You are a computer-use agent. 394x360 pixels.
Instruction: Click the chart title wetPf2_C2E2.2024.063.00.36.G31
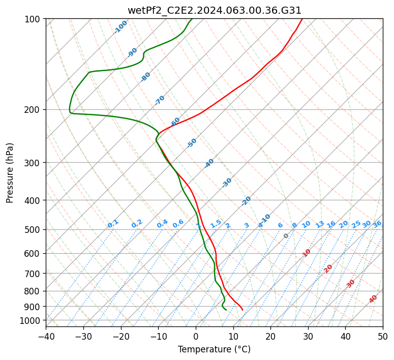click(x=214, y=10)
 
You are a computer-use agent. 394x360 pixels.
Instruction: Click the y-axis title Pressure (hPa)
click(x=10, y=172)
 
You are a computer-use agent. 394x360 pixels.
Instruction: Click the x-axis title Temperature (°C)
click(x=214, y=349)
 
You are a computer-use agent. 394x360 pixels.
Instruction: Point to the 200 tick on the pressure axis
click(x=33, y=109)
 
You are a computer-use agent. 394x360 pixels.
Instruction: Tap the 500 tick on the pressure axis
click(x=33, y=229)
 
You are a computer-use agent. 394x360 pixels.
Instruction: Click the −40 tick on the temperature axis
click(x=46, y=336)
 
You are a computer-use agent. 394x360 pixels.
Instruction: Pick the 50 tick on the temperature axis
click(x=383, y=336)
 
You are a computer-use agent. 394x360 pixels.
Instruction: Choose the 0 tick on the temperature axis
click(x=196, y=336)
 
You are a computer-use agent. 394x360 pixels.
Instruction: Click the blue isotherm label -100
click(x=120, y=27)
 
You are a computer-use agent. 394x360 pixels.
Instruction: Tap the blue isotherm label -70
click(x=160, y=100)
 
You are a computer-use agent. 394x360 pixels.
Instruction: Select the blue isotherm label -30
click(x=227, y=183)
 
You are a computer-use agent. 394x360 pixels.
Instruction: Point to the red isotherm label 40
click(x=373, y=299)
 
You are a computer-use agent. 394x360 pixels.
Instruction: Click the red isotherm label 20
click(x=328, y=268)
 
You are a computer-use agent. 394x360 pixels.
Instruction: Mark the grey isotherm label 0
click(x=286, y=236)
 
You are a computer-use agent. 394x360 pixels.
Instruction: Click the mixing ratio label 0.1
click(x=113, y=224)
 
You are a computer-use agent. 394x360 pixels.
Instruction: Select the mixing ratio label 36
click(x=377, y=224)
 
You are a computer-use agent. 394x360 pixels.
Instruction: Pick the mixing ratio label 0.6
click(x=178, y=224)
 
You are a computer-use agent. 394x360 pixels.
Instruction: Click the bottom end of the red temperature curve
click(x=243, y=310)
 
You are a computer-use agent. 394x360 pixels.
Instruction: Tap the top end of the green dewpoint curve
click(x=192, y=19)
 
